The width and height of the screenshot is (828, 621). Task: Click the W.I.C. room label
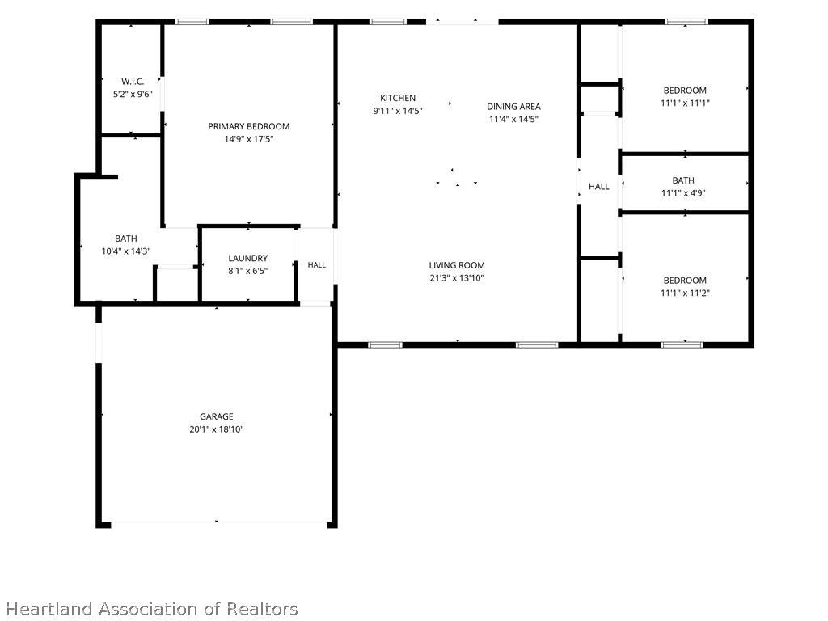pyautogui.click(x=133, y=82)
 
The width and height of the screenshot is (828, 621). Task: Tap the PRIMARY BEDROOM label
pyautogui.click(x=249, y=127)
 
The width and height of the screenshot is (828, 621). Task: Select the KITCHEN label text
pyautogui.click(x=398, y=98)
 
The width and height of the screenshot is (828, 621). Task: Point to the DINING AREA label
pyautogui.click(x=513, y=107)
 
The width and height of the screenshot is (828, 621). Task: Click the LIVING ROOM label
pyautogui.click(x=457, y=265)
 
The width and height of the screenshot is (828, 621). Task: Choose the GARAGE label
pyautogui.click(x=217, y=416)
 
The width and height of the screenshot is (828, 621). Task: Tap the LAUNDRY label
pyautogui.click(x=247, y=258)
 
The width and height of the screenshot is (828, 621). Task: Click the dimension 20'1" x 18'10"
pyautogui.click(x=217, y=429)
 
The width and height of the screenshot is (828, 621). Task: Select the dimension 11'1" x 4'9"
pyautogui.click(x=683, y=193)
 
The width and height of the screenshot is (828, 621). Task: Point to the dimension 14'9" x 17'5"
pyautogui.click(x=249, y=139)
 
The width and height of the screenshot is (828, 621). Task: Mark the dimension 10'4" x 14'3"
pyautogui.click(x=126, y=251)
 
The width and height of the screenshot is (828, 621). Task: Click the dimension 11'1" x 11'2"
pyautogui.click(x=685, y=293)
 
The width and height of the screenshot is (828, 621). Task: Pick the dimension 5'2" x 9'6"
pyautogui.click(x=133, y=95)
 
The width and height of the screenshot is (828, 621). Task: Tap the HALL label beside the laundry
pyautogui.click(x=317, y=265)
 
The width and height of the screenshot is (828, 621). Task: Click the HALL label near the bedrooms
pyautogui.click(x=599, y=187)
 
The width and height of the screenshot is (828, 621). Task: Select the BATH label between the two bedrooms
pyautogui.click(x=683, y=180)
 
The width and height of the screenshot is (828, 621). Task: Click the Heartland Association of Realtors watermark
pyautogui.click(x=152, y=609)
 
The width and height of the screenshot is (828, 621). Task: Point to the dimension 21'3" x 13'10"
pyautogui.click(x=457, y=278)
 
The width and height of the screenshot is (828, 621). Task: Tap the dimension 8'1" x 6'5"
pyautogui.click(x=247, y=271)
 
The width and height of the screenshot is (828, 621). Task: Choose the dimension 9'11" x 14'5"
pyautogui.click(x=398, y=111)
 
